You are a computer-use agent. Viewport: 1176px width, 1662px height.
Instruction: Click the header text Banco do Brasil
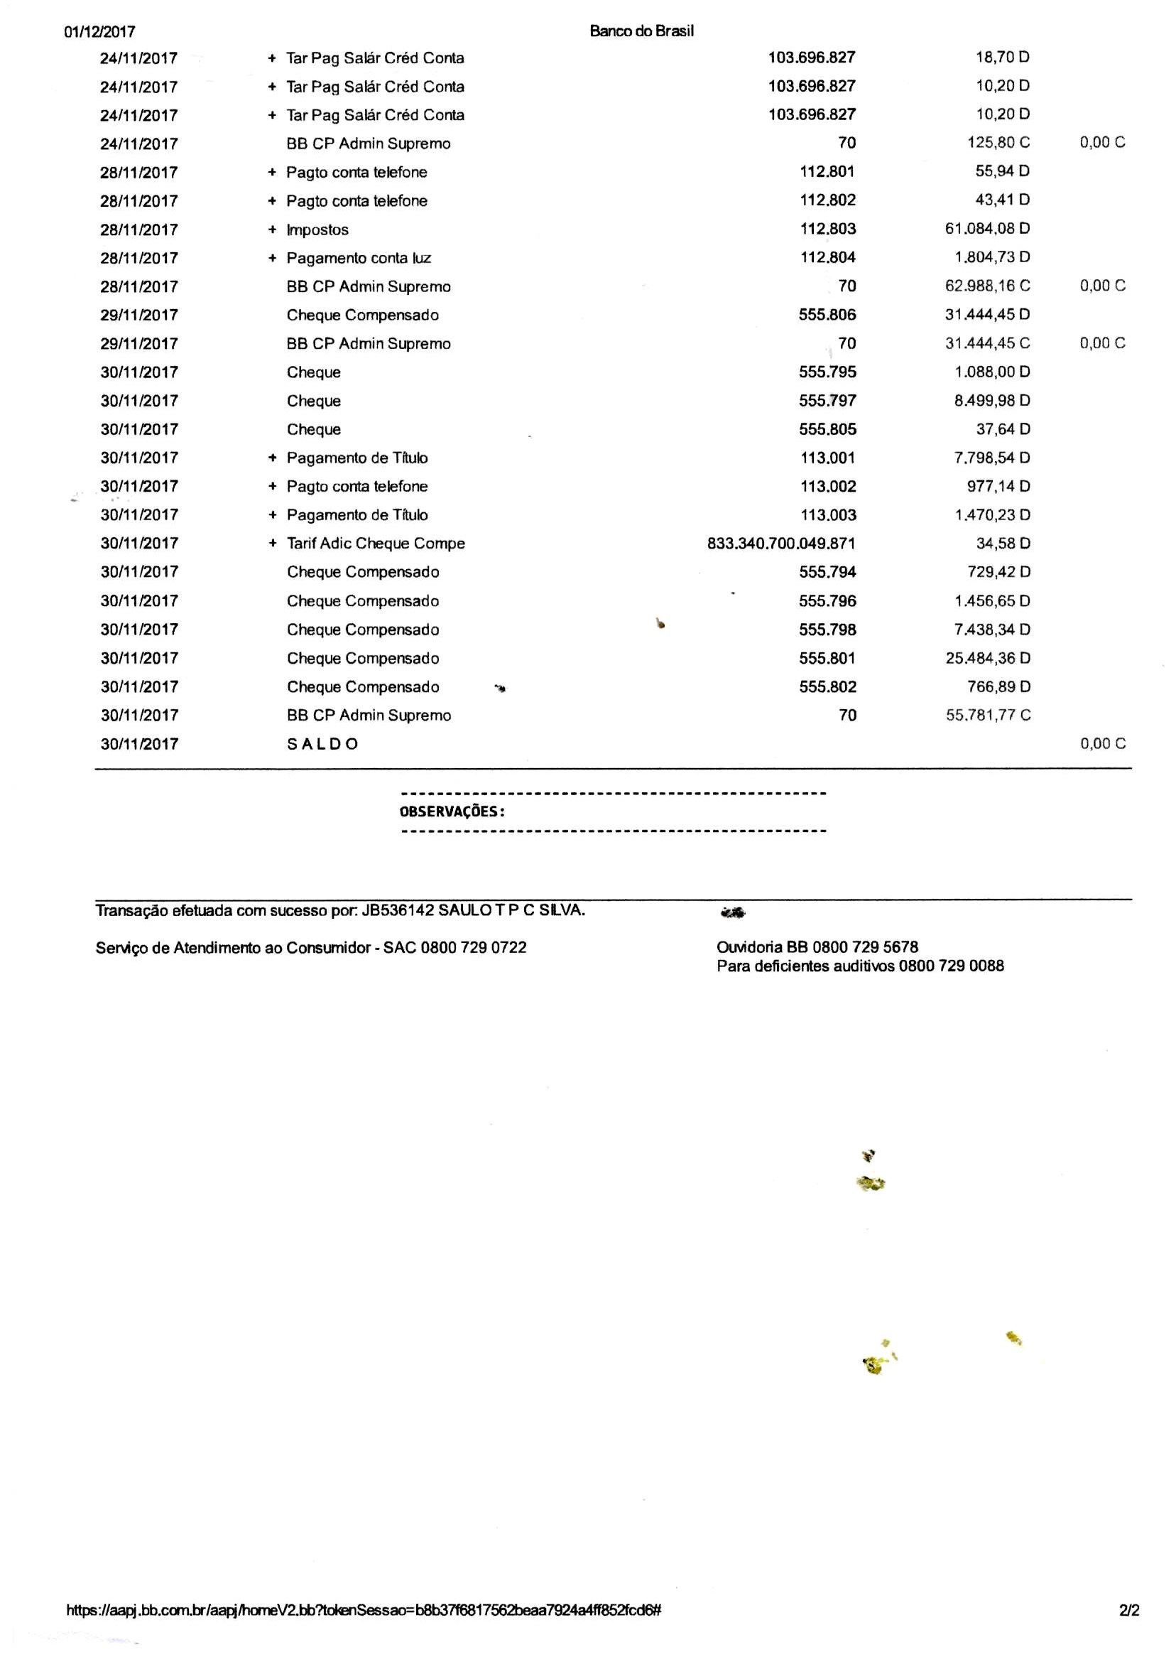[641, 31]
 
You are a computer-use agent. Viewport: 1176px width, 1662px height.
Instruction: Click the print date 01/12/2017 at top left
[100, 32]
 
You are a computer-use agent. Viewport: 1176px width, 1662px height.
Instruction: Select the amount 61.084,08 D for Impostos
[987, 229]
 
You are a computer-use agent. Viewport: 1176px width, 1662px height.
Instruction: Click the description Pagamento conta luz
[359, 258]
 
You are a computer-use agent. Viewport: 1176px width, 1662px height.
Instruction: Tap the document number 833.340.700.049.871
[780, 544]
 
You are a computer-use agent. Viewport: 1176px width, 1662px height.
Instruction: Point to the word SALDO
[322, 744]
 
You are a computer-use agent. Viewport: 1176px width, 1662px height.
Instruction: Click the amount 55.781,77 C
[988, 715]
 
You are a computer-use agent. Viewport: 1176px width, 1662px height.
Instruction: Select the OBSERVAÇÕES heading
[452, 811]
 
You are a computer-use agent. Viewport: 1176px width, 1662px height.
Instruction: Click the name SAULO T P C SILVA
[511, 911]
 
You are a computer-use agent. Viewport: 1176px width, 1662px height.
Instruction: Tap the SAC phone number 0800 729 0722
[474, 948]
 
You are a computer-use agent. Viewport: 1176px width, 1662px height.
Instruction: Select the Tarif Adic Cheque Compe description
[376, 544]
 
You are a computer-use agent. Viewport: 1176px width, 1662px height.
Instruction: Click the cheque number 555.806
[827, 315]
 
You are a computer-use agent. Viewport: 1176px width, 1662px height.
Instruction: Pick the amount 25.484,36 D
[988, 659]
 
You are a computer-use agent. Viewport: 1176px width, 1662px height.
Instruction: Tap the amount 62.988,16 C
[987, 286]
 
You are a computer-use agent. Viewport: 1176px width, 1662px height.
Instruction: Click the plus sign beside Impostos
[272, 230]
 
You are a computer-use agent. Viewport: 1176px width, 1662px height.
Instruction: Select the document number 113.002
[828, 487]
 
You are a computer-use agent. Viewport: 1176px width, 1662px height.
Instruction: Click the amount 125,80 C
[998, 143]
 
